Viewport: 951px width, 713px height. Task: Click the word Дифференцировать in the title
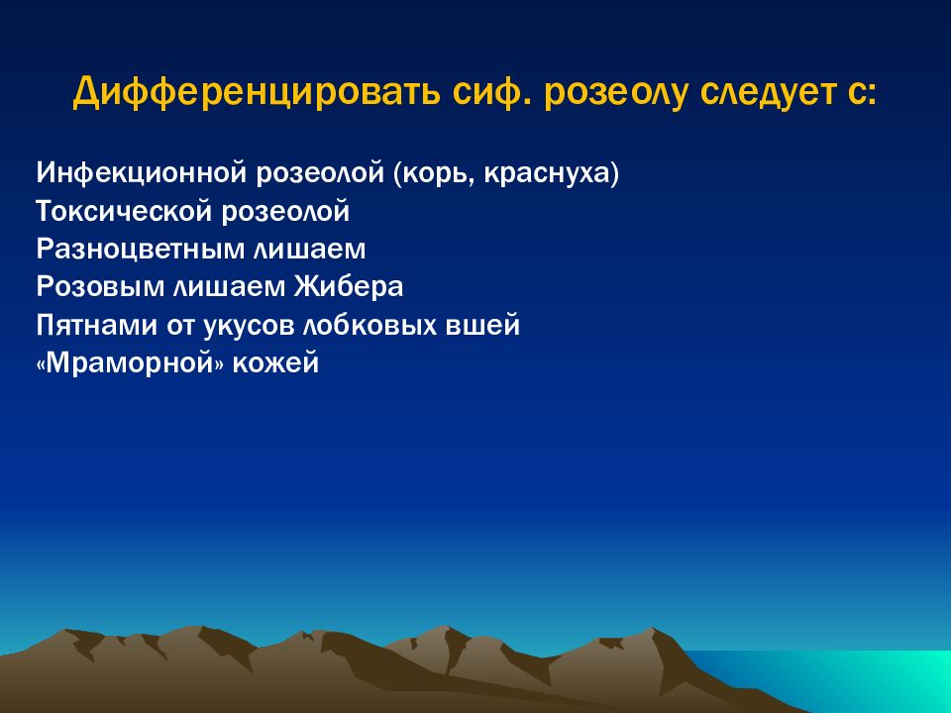coord(256,93)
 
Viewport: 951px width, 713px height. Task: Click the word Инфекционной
coord(142,173)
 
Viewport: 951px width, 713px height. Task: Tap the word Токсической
coord(124,212)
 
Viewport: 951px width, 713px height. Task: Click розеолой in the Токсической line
coord(285,212)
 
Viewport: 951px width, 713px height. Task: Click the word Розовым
coord(100,287)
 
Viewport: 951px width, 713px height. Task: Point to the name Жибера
coord(349,287)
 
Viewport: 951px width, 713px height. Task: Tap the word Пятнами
coord(97,326)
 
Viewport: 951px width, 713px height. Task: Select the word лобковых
coord(370,326)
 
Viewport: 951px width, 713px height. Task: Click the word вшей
coord(482,326)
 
